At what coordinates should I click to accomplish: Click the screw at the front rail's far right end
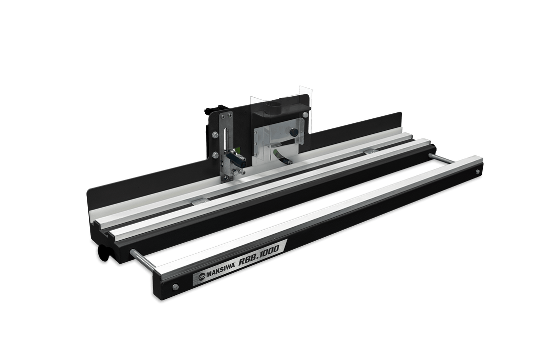(x=477, y=171)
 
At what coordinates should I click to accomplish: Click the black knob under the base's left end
(x=103, y=252)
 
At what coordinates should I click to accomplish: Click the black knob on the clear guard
(x=294, y=132)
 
